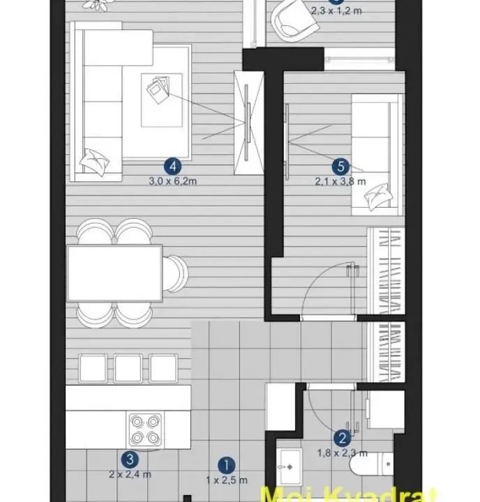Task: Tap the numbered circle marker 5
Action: [340, 166]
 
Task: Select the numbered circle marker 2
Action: [342, 439]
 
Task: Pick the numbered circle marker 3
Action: [129, 459]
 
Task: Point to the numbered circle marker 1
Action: [225, 463]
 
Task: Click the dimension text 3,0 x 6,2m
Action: [172, 182]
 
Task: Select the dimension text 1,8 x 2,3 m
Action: [343, 453]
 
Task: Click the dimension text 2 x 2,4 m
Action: [129, 475]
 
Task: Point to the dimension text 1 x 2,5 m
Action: [225, 479]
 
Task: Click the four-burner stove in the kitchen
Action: [146, 429]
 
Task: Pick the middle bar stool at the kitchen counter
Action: [128, 369]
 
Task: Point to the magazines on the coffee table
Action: [157, 89]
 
